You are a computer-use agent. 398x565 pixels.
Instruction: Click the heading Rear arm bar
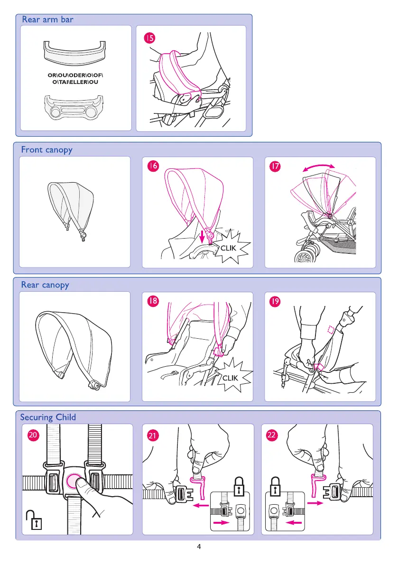point(48,19)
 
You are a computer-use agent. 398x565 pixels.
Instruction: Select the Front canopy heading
point(46,150)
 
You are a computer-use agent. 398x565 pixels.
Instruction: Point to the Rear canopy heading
point(45,285)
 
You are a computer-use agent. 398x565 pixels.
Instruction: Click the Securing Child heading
point(48,417)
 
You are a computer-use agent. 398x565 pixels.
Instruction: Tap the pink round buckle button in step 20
point(74,480)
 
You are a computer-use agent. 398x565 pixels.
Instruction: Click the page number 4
point(199,547)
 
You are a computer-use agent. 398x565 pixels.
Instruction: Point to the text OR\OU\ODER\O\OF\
point(75,75)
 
